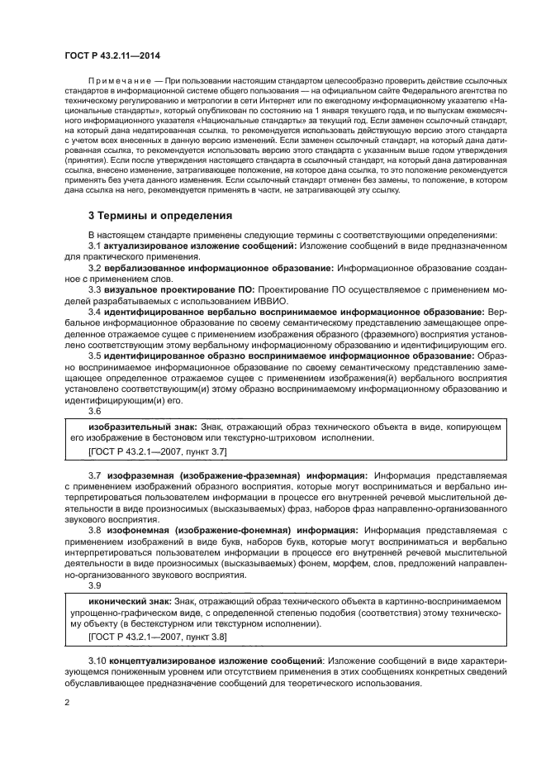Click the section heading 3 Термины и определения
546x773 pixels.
point(160,215)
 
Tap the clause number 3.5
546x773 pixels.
point(94,355)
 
